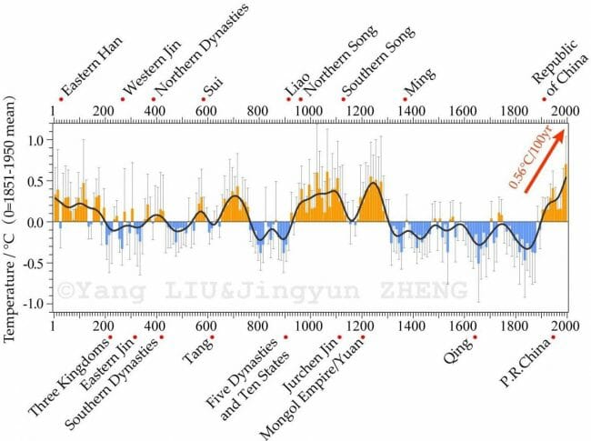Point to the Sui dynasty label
point(213,88)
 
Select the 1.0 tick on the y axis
point(37,141)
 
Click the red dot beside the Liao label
point(289,98)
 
